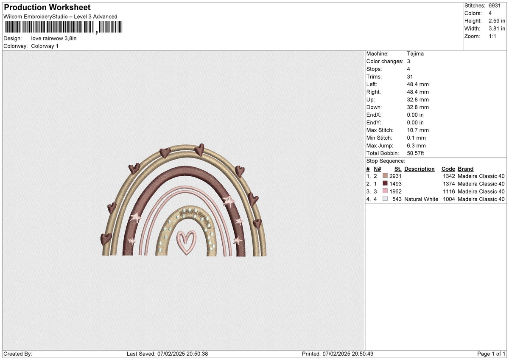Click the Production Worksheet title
coord(47,8)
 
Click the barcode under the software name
coord(63,27)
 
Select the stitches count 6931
coord(495,6)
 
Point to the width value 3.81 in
coord(497,28)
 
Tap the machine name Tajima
coord(415,53)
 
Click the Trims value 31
coord(410,77)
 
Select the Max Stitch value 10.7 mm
coord(418,130)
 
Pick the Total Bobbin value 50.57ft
coord(415,153)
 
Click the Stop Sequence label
coord(386,161)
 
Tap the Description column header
coord(419,169)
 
